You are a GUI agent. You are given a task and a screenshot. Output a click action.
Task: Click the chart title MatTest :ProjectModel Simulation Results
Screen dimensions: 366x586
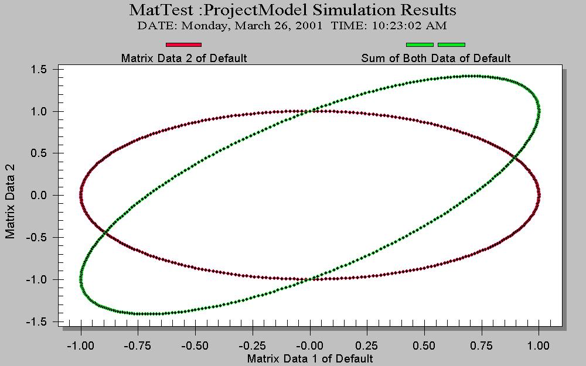click(x=292, y=10)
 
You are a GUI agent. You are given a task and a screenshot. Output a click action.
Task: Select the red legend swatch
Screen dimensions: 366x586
click(x=183, y=45)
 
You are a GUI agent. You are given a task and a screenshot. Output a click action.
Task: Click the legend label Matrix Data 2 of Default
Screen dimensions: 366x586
click(x=183, y=58)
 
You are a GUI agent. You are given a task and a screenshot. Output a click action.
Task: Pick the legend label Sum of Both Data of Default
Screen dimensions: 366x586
click(x=435, y=58)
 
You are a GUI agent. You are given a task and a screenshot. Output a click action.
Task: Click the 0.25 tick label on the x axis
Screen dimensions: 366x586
click(x=367, y=346)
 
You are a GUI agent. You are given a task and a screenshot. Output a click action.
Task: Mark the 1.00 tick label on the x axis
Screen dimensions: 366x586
click(x=539, y=346)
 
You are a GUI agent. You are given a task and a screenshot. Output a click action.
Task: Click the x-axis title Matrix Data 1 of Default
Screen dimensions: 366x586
click(x=310, y=358)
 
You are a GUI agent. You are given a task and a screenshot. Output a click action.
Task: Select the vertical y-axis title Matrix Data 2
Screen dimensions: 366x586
click(x=10, y=200)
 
